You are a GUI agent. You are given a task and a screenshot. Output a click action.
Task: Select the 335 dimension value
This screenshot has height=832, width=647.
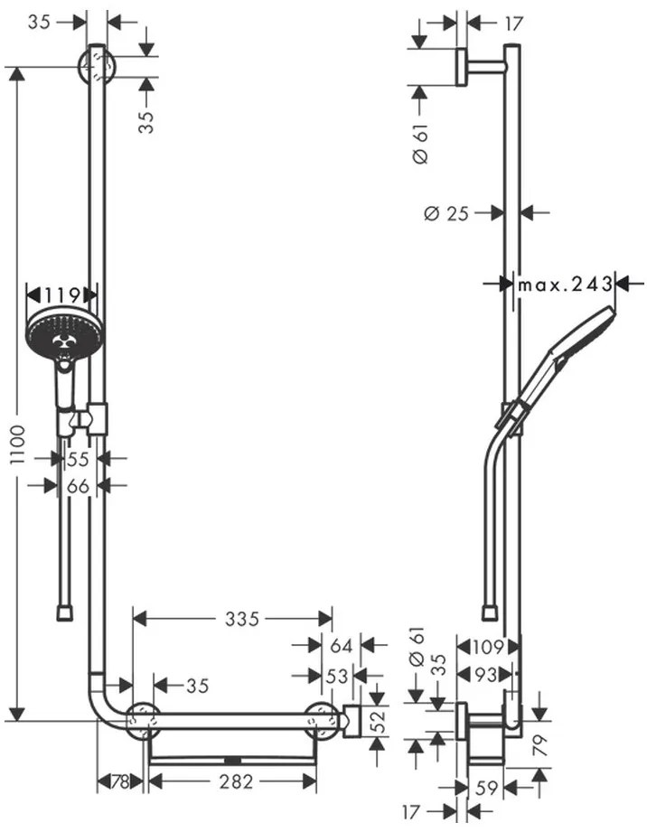tap(243, 619)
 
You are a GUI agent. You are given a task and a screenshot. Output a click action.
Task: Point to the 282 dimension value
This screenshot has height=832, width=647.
tap(237, 782)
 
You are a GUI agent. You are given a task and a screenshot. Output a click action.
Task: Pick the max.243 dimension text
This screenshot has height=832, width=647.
tap(564, 285)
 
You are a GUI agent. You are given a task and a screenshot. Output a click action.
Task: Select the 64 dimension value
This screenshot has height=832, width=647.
tap(341, 646)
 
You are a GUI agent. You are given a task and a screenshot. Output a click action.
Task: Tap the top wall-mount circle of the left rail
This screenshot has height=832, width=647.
tap(96, 67)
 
